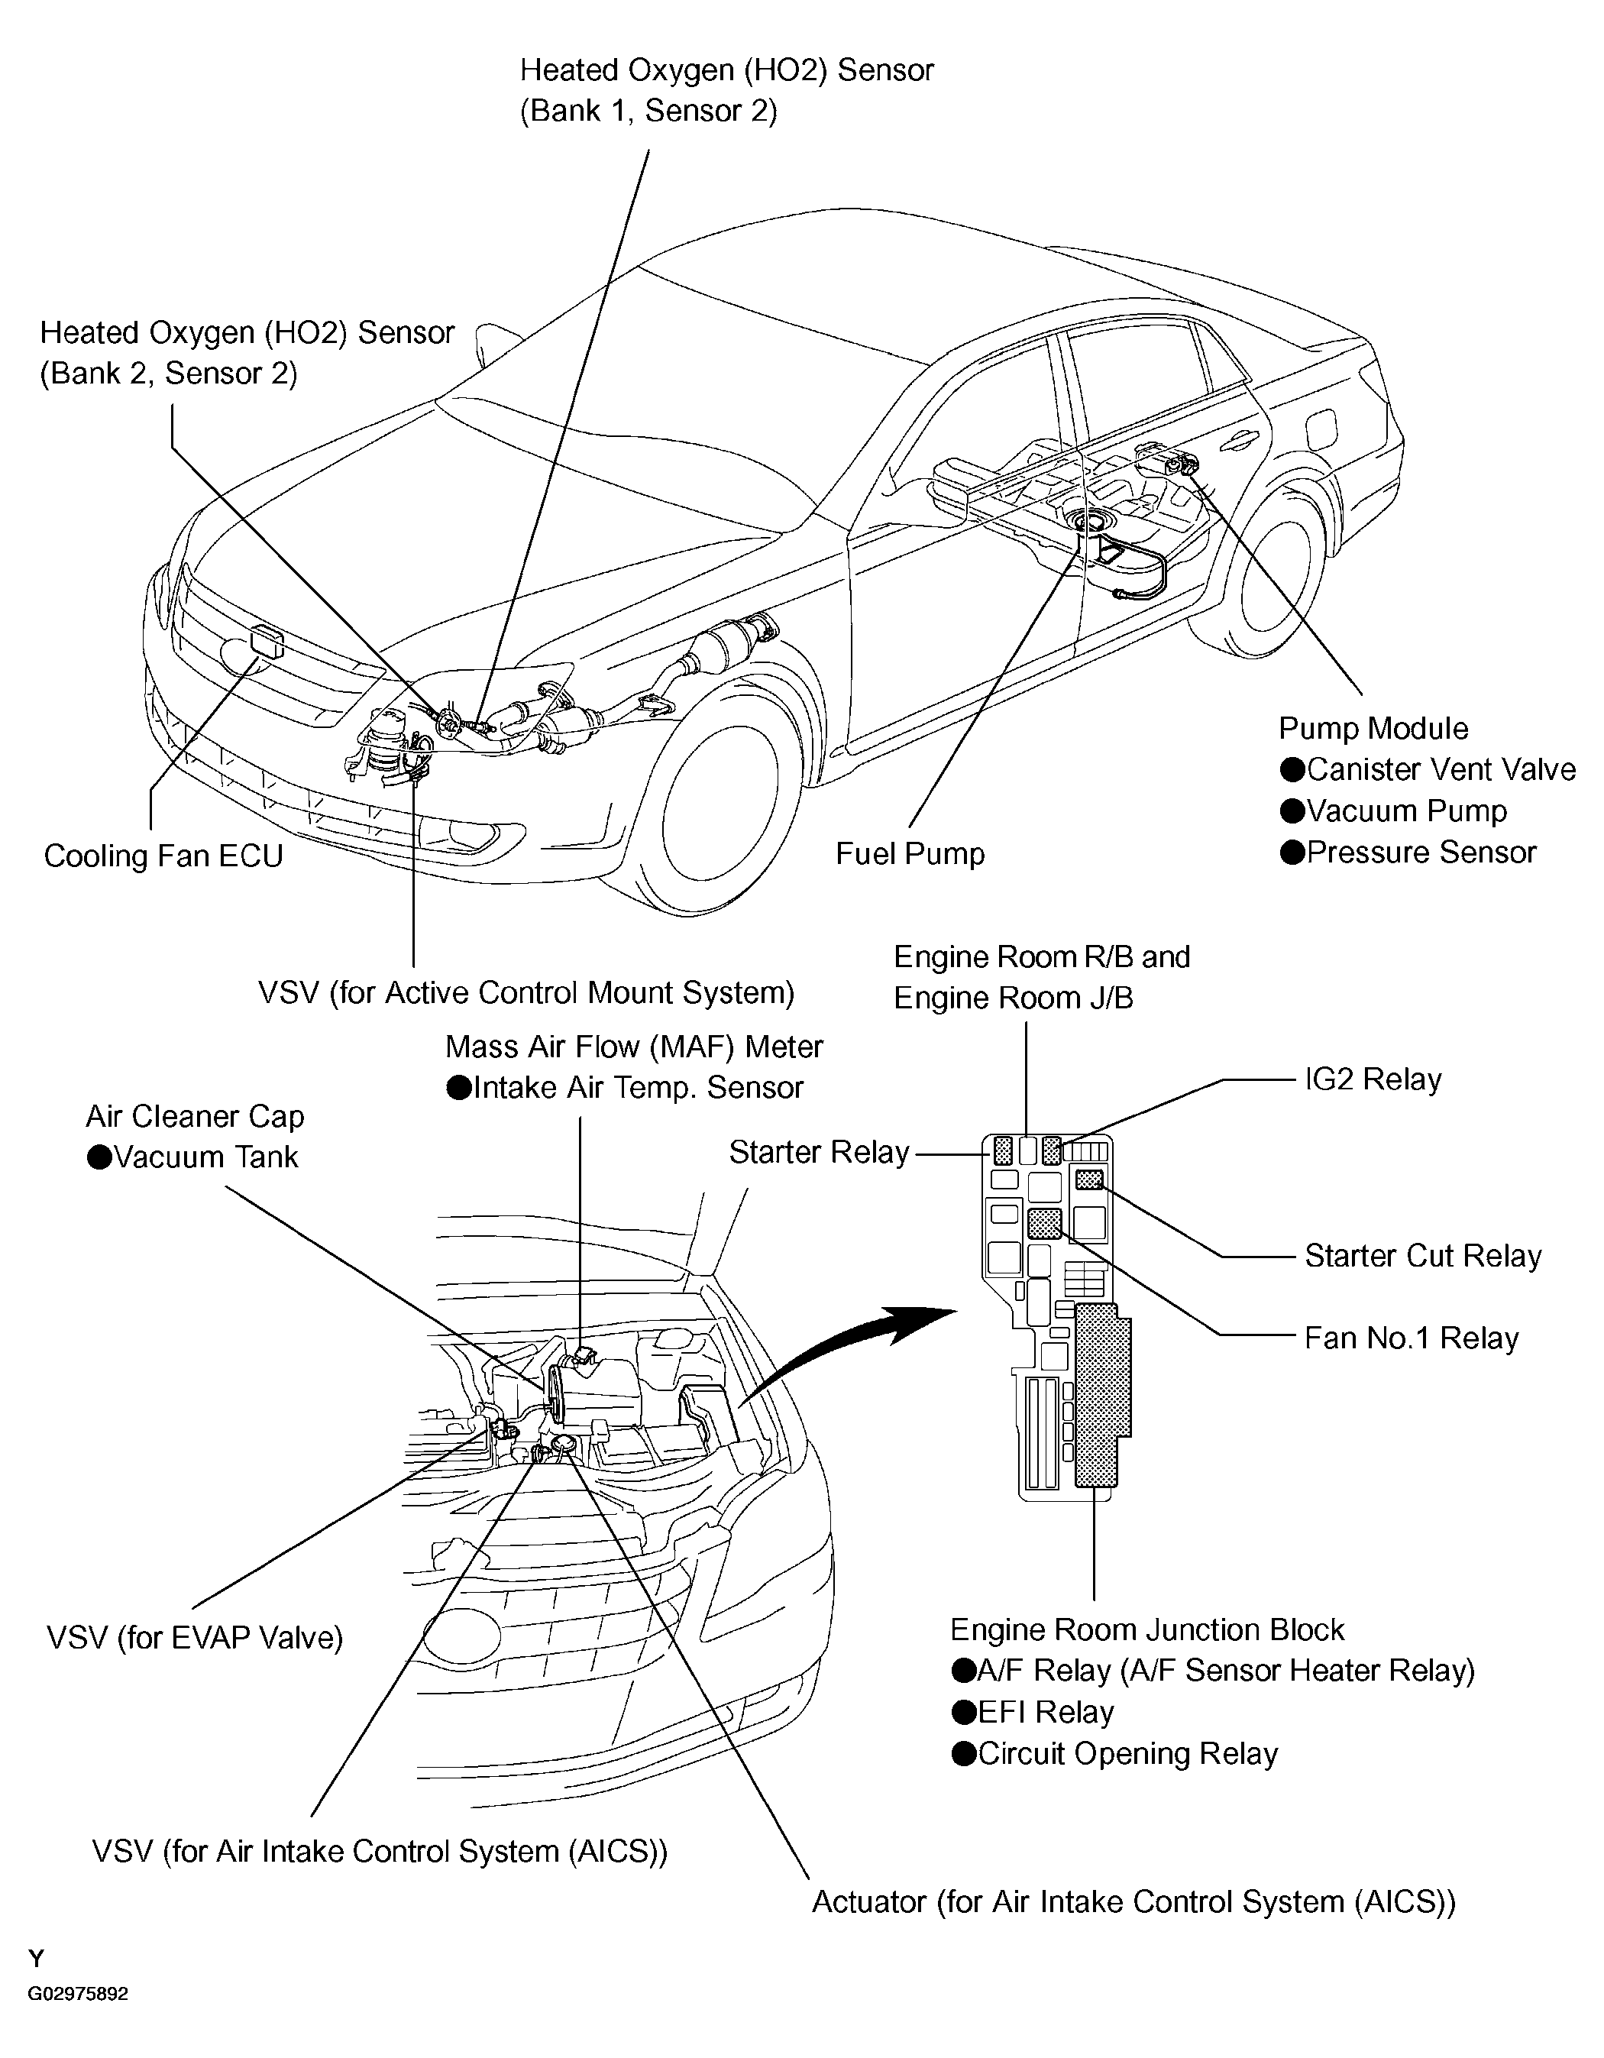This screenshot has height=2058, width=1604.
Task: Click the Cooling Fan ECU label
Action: point(163,856)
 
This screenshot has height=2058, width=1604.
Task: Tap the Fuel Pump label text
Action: point(910,854)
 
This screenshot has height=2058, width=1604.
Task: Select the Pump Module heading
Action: point(1372,729)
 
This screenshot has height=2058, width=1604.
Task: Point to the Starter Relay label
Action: point(818,1151)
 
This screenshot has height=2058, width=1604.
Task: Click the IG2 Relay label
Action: point(1372,1079)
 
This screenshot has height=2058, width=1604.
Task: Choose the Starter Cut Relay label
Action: point(1422,1255)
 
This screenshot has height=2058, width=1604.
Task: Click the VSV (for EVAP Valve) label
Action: point(194,1637)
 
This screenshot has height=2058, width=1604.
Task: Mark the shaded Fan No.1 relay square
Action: point(1044,1222)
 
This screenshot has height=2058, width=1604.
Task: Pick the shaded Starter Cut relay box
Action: point(1089,1179)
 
